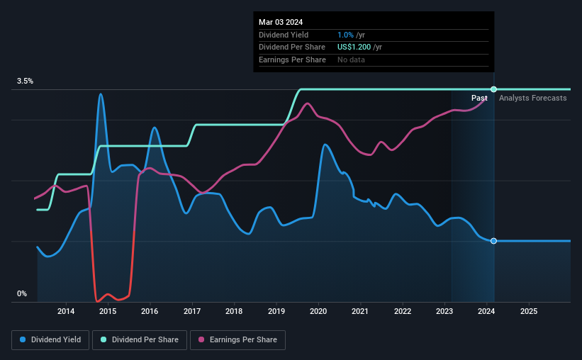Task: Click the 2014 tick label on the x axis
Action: (66, 311)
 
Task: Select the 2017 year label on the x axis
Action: (192, 311)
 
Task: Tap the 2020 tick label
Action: (318, 311)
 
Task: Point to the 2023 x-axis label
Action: (444, 311)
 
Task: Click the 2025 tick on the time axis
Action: (529, 311)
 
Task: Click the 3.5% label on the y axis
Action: (26, 81)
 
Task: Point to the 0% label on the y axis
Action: (22, 293)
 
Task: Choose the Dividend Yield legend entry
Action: (50, 340)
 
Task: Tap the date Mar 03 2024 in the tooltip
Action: (281, 22)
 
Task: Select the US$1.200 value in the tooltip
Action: (359, 47)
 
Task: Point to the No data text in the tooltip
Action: (352, 60)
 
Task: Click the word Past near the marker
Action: (479, 98)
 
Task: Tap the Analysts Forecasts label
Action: (532, 98)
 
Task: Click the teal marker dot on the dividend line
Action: (493, 89)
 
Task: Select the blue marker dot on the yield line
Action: (493, 241)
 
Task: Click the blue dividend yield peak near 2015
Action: (101, 94)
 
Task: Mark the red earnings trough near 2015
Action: (97, 300)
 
